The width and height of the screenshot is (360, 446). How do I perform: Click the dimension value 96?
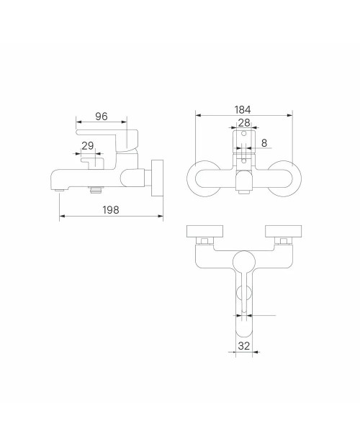coord(102,117)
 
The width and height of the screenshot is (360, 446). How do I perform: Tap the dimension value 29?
coord(87,145)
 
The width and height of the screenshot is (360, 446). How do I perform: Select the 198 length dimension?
coord(111,210)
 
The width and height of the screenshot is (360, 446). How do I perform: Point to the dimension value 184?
coord(243,109)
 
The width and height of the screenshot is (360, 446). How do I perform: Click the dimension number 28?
coord(244,122)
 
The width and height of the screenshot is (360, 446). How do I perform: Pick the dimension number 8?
coord(264,142)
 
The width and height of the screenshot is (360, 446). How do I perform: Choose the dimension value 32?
coord(243,346)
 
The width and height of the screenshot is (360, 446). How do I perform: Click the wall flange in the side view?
coord(158,178)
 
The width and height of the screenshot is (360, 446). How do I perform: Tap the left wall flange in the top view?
coord(204,231)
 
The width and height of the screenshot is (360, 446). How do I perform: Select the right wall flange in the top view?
coord(283,231)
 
